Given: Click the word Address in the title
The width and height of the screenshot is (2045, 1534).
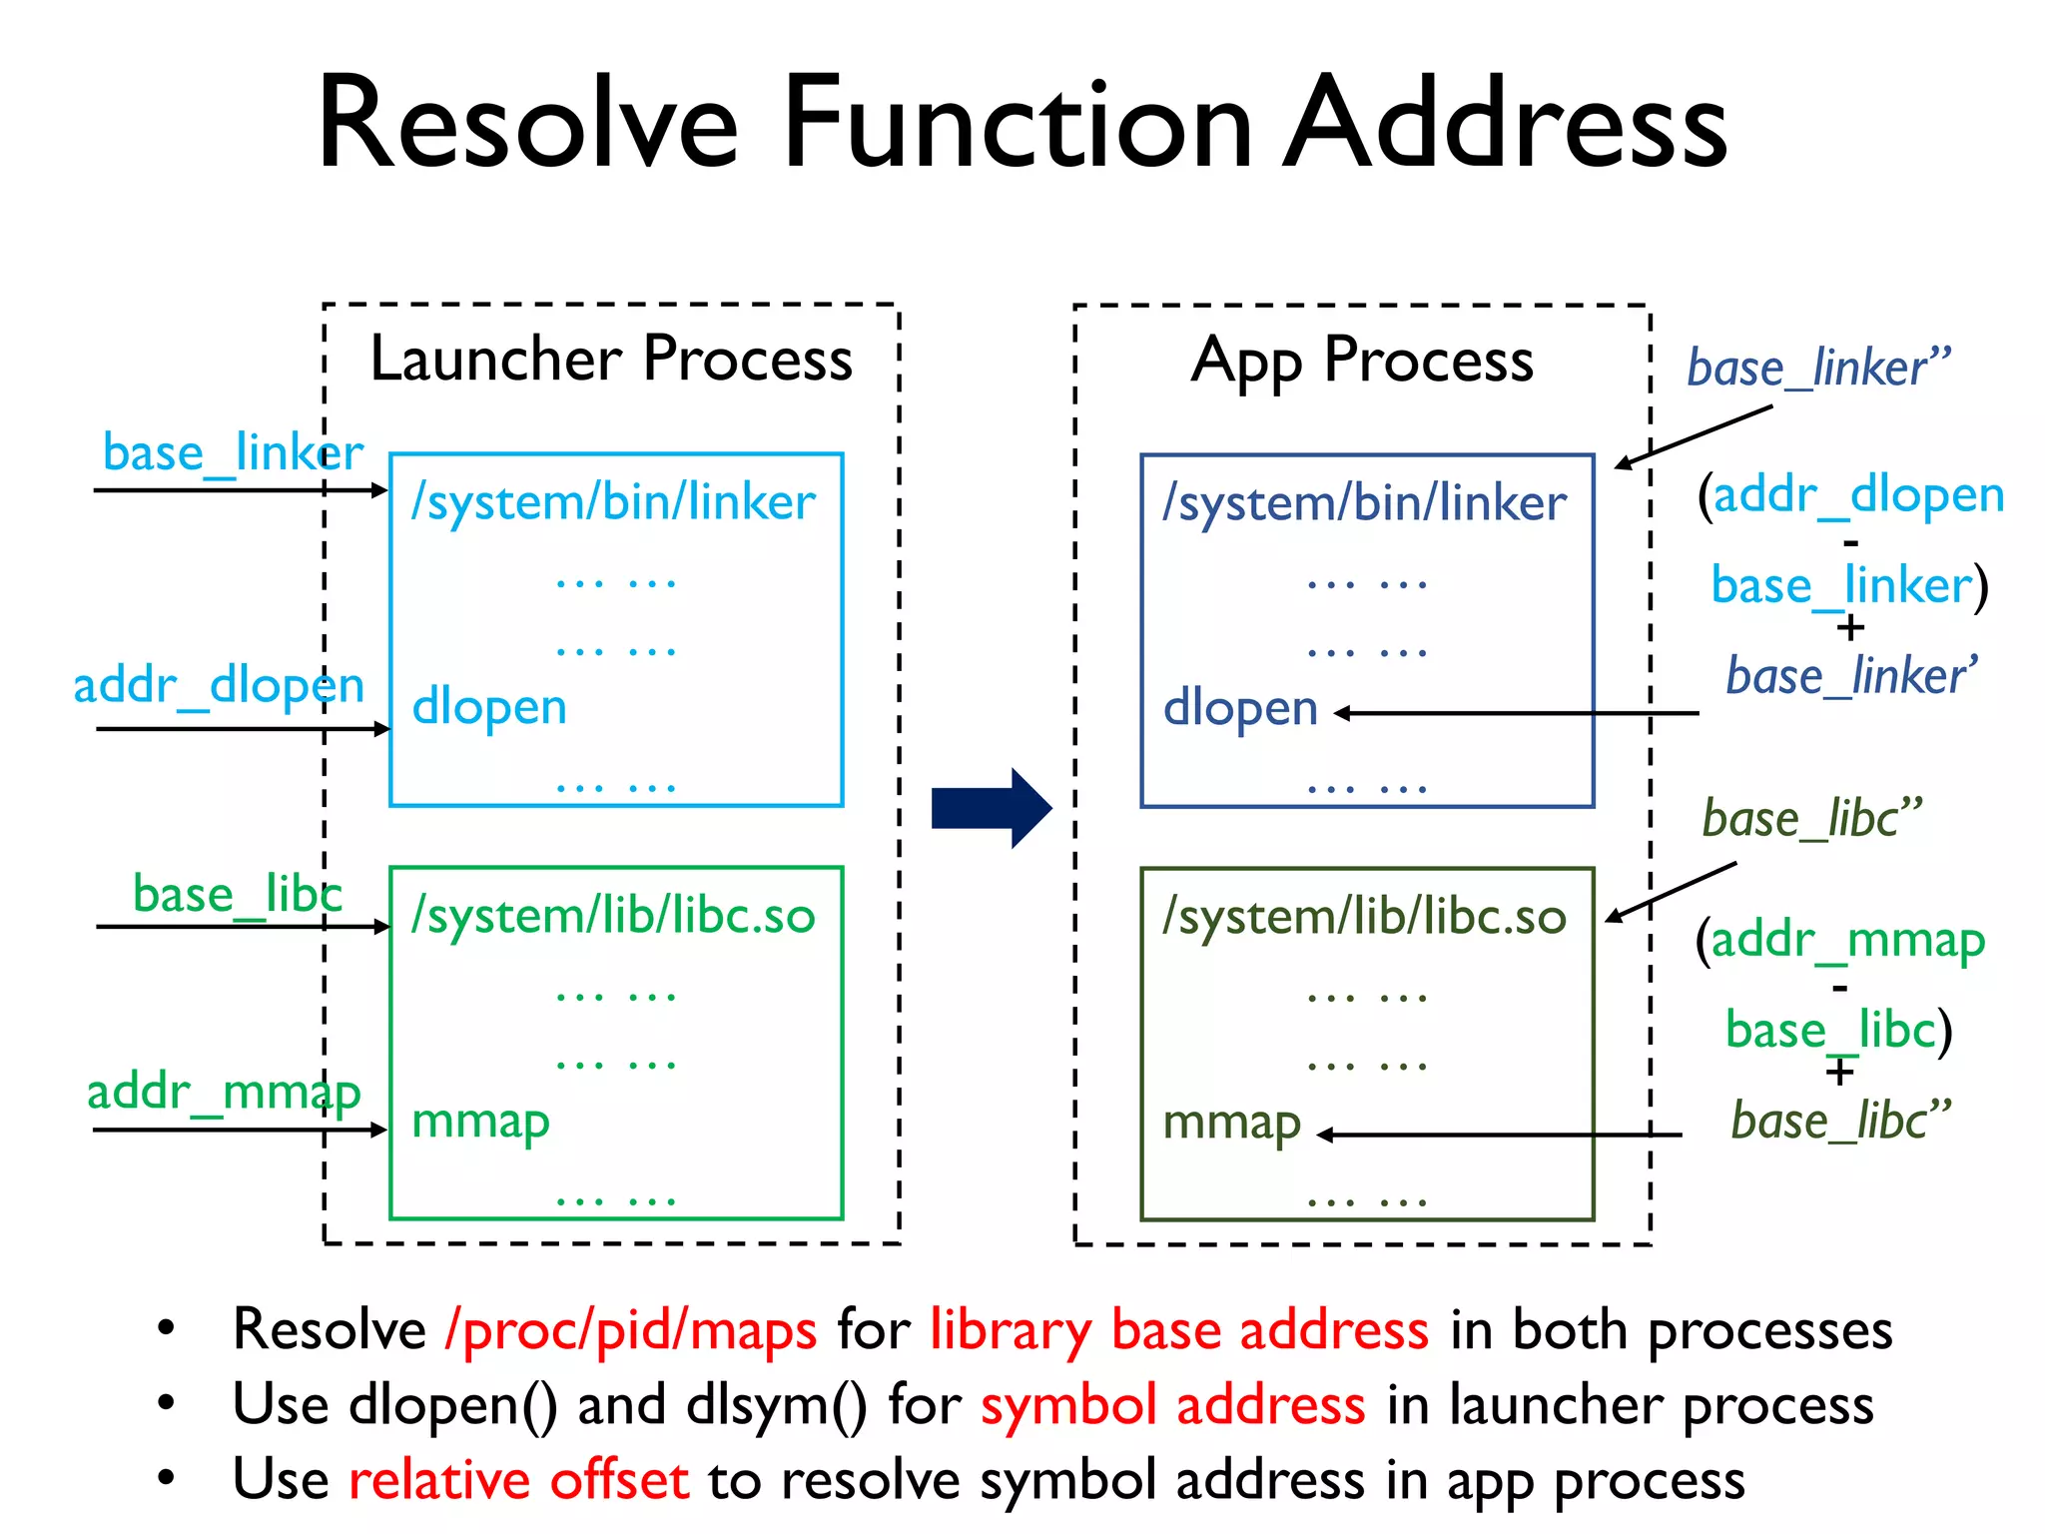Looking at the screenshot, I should pyautogui.click(x=1505, y=125).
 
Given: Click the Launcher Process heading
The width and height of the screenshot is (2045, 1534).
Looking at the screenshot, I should pyautogui.click(x=611, y=359).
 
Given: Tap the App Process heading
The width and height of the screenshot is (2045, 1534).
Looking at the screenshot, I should pyautogui.click(x=1362, y=361).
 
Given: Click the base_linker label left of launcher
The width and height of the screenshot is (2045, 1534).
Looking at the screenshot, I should pyautogui.click(x=233, y=453).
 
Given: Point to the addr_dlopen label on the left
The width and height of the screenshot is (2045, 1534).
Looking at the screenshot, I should pyautogui.click(x=219, y=686).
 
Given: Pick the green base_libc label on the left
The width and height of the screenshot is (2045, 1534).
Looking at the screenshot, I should pyautogui.click(x=238, y=894).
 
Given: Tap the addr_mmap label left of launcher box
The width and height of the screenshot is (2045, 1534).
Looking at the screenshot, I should pyautogui.click(x=224, y=1092).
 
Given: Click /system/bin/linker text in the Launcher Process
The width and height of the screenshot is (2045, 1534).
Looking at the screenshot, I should pyautogui.click(x=613, y=502).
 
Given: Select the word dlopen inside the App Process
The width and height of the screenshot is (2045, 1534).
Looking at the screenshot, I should pyautogui.click(x=1240, y=709).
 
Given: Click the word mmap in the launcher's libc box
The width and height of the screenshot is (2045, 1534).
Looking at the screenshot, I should pyautogui.click(x=480, y=1122).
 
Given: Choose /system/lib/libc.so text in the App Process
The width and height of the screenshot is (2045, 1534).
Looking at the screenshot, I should pyautogui.click(x=1364, y=917).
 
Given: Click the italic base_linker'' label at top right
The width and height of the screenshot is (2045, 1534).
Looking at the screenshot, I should pyautogui.click(x=1817, y=369).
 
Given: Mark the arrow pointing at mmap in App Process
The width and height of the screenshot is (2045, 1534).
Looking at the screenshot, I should pyautogui.click(x=1498, y=1135).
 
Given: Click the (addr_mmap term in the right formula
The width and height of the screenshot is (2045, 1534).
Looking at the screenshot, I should pyautogui.click(x=1840, y=941).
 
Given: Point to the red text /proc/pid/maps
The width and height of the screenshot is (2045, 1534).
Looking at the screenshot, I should pyautogui.click(x=631, y=1330).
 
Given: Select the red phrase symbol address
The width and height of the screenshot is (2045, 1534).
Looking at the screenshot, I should pyautogui.click(x=1172, y=1405).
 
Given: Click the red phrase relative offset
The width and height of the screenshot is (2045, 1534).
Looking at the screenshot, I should pyautogui.click(x=518, y=1480).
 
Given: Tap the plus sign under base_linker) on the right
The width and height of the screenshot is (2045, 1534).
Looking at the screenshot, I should pyautogui.click(x=1850, y=628).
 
